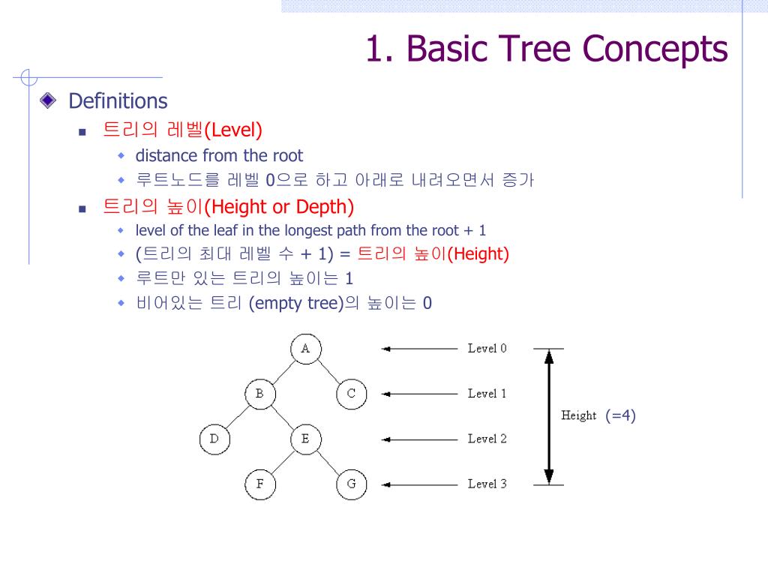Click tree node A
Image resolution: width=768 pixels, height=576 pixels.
coord(305,349)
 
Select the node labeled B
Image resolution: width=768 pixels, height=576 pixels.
coord(259,394)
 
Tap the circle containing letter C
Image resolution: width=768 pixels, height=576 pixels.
coord(351,394)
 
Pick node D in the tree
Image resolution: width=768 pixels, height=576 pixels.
coord(214,439)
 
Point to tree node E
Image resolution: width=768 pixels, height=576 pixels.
coord(305,439)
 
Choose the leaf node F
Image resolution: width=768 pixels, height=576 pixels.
coord(259,484)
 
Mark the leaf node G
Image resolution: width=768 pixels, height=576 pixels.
coord(351,484)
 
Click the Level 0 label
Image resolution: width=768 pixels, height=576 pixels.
coord(487,349)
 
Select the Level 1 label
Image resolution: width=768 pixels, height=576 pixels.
coord(487,394)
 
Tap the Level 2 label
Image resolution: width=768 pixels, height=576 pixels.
coord(487,439)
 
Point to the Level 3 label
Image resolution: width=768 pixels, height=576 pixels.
coord(487,484)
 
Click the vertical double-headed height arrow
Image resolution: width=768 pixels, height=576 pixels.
coord(549,416)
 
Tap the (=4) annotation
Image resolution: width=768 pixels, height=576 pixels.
coord(620,415)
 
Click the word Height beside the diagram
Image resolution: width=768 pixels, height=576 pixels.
coord(578,415)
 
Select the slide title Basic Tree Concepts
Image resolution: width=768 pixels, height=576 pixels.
coord(546,49)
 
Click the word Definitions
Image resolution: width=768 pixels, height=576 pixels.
coord(118,101)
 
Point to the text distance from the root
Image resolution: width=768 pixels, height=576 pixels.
coord(219,156)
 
